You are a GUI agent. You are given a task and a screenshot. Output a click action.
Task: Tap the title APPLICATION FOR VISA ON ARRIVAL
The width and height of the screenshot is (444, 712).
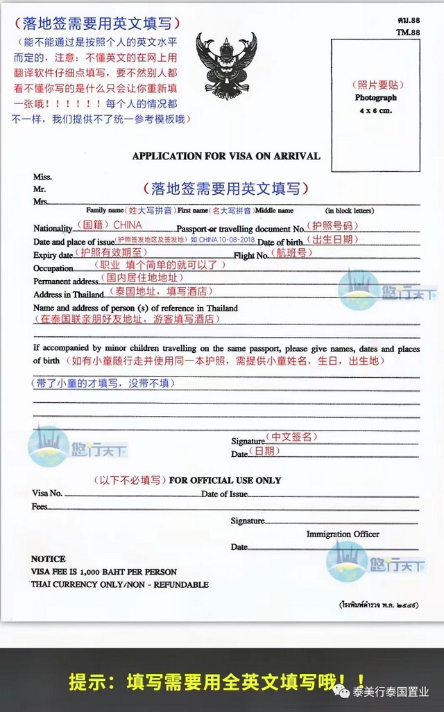[226, 156]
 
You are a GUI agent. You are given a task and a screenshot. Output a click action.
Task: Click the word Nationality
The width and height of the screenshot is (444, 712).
[53, 228]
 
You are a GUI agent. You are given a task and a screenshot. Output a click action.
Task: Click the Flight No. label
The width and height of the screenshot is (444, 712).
[253, 255]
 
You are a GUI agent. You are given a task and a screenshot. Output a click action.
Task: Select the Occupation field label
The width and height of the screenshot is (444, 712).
[53, 268]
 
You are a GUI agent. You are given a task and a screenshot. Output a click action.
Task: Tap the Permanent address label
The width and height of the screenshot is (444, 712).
[66, 281]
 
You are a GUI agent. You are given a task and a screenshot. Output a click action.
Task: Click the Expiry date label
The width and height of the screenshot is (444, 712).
[53, 255]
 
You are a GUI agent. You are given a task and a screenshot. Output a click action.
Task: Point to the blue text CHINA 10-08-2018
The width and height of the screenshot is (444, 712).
[228, 240]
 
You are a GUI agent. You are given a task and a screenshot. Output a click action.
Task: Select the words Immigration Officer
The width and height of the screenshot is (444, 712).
[343, 534]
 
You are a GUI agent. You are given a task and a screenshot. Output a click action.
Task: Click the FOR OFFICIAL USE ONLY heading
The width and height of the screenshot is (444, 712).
[225, 480]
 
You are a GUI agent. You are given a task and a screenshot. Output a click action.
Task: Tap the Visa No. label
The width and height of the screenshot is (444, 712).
[47, 493]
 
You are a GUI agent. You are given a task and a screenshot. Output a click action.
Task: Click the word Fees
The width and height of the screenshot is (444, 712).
[40, 507]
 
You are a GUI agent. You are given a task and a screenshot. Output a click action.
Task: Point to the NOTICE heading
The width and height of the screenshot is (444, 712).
[49, 559]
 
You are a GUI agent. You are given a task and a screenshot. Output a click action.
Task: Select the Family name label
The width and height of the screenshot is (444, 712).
[105, 210]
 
